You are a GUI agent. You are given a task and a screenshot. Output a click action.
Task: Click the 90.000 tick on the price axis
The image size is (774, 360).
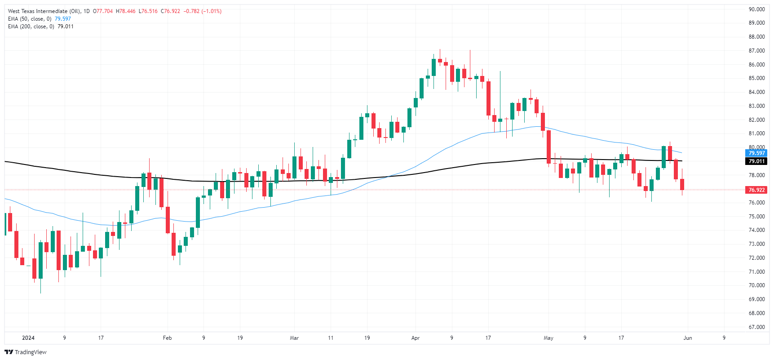tap(756, 9)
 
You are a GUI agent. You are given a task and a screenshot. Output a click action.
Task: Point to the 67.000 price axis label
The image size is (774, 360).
tap(756, 327)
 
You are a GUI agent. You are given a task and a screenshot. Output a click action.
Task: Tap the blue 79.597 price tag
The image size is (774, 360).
tap(756, 153)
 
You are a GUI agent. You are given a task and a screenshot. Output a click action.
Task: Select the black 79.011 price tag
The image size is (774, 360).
tap(756, 161)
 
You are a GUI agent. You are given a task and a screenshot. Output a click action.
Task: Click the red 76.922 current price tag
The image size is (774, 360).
tap(756, 190)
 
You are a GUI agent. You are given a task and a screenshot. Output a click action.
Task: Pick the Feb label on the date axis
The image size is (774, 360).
tap(167, 338)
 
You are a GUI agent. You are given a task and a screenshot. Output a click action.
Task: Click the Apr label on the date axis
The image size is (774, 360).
tap(415, 338)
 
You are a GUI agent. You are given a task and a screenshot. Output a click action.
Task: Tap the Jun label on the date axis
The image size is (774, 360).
tap(687, 338)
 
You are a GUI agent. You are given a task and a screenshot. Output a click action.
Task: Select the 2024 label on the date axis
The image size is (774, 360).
tap(28, 338)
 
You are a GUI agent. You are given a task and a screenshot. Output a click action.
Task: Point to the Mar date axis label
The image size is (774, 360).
tap(294, 338)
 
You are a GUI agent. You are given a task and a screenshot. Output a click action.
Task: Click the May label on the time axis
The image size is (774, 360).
tap(548, 338)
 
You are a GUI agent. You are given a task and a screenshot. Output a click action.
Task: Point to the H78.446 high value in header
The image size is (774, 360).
tap(125, 11)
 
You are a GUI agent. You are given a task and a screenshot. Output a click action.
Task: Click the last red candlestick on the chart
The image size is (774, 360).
tap(682, 184)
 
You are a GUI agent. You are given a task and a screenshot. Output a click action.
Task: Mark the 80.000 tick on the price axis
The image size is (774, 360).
tap(756, 147)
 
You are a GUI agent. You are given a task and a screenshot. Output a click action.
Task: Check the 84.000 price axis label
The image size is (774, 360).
tap(756, 92)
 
